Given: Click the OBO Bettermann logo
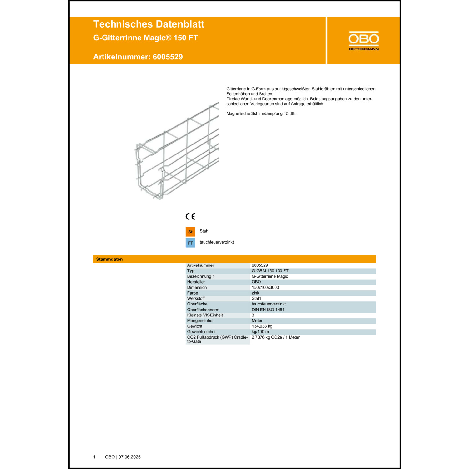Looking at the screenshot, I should [x=364, y=41].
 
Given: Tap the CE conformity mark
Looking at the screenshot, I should [x=190, y=216].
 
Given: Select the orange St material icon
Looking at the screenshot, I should [x=190, y=232].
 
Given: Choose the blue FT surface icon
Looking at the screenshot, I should [x=190, y=243].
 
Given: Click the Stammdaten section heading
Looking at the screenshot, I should [x=109, y=259].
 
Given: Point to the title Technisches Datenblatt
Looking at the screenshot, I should [x=149, y=24].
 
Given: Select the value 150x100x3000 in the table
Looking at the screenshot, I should [x=265, y=287].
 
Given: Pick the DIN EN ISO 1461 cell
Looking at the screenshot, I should [x=268, y=310].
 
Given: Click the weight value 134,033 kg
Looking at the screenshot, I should [x=262, y=326].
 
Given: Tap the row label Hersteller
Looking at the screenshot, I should [x=196, y=282].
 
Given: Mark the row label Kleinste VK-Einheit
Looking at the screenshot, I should [x=205, y=315].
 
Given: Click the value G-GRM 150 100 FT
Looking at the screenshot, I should [x=270, y=271].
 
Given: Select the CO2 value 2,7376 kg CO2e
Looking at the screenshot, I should [x=275, y=337].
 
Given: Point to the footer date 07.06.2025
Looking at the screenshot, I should [x=129, y=457].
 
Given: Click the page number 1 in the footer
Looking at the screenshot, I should [x=94, y=457].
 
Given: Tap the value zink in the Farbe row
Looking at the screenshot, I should [x=255, y=293].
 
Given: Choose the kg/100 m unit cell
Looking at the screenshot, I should [x=260, y=332].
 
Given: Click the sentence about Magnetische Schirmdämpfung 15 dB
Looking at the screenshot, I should [x=261, y=114].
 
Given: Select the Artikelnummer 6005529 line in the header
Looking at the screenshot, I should [x=138, y=57].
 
